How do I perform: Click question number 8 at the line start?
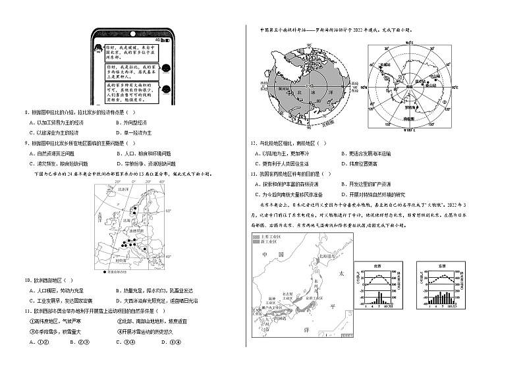[26, 113]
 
